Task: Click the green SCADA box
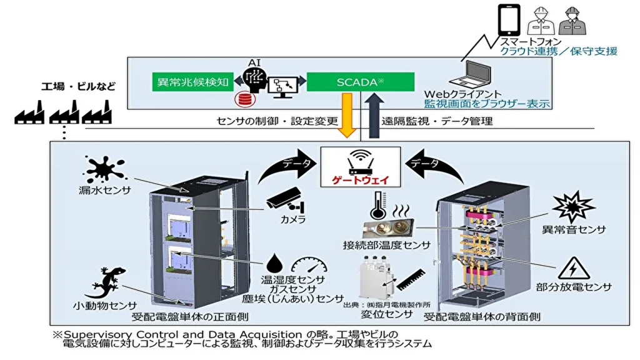(x=360, y=82)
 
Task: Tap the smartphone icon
(x=508, y=21)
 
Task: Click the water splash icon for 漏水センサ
(x=106, y=169)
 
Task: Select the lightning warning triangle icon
(x=571, y=268)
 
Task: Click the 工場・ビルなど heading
(x=79, y=86)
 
